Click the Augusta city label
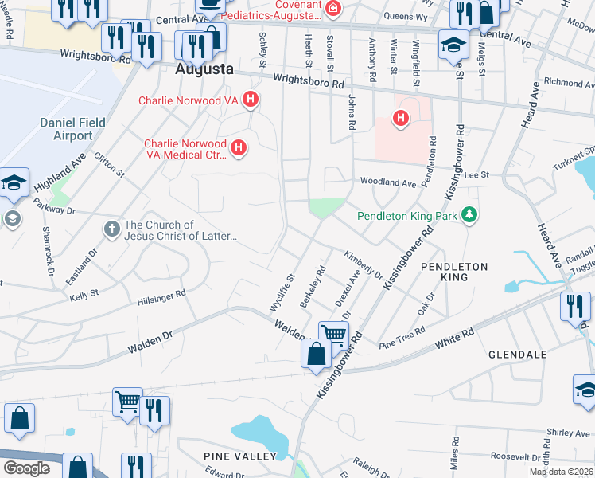(x=204, y=69)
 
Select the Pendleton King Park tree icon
(x=470, y=215)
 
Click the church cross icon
(x=112, y=229)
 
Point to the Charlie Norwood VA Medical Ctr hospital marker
(x=238, y=147)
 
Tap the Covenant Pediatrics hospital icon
(x=334, y=9)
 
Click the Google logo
(x=26, y=468)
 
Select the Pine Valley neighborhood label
(x=239, y=456)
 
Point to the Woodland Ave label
(x=388, y=182)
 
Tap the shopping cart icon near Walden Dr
(x=334, y=335)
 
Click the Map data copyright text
(x=561, y=472)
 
